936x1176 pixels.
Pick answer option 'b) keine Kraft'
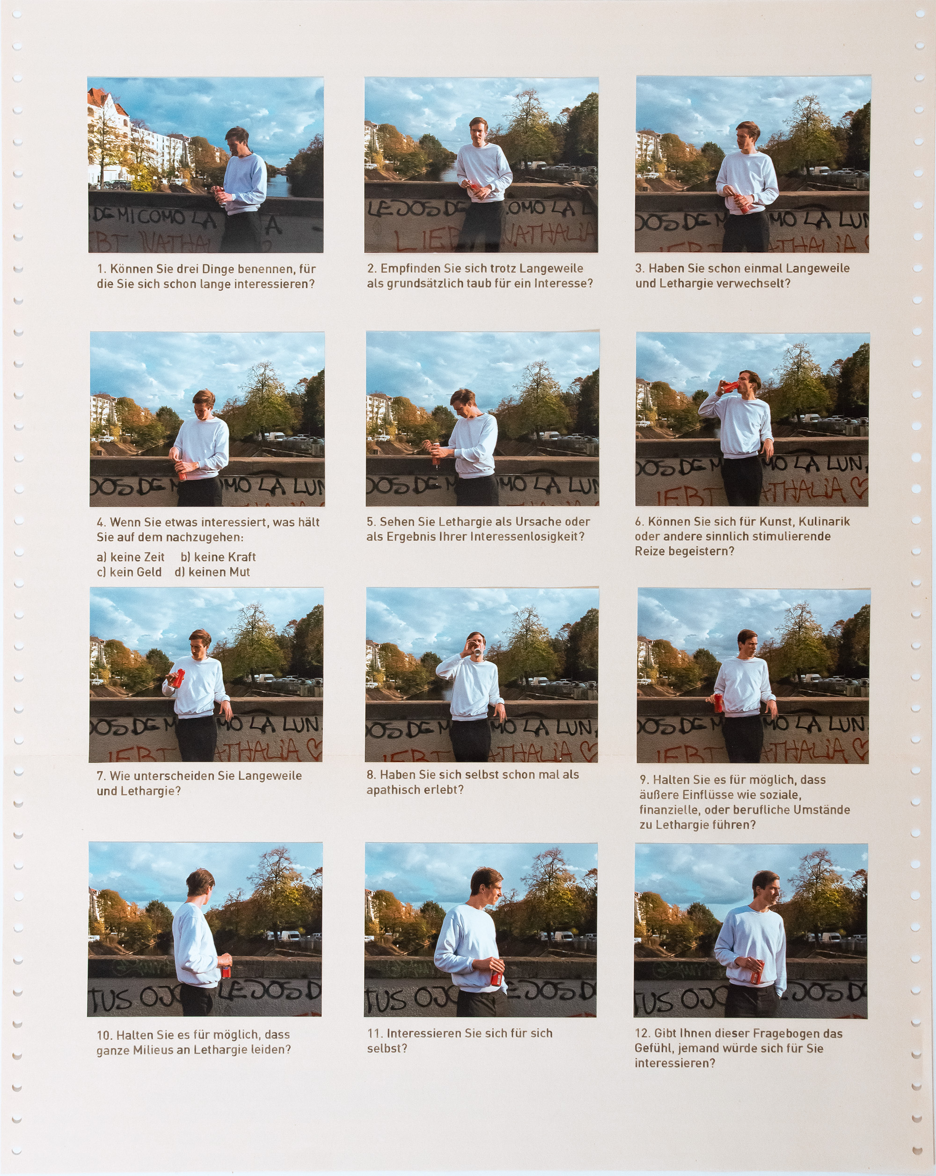(218, 557)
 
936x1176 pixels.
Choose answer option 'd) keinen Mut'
(212, 572)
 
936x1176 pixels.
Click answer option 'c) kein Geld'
(129, 572)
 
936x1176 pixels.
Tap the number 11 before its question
(374, 1034)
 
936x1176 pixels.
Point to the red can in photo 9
(718, 704)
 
